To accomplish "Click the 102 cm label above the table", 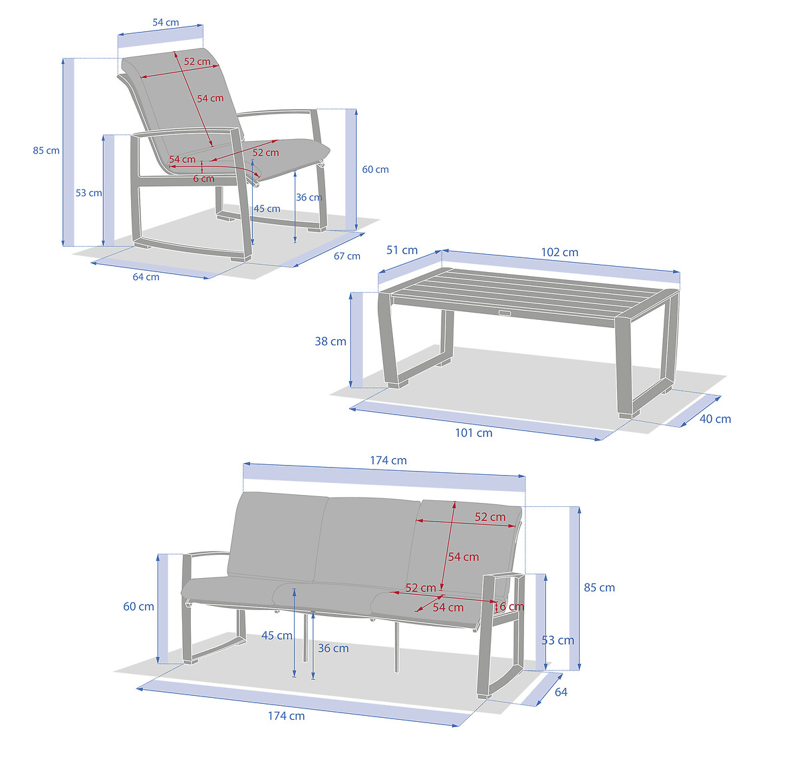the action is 559,252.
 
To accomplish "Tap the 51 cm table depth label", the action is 402,250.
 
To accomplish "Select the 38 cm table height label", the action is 331,341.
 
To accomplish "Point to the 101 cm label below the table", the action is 473,433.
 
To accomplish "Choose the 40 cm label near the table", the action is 715,419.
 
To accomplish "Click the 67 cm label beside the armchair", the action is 347,256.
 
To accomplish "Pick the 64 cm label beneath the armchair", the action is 146,277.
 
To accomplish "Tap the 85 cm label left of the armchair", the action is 47,150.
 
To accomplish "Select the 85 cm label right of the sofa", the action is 600,587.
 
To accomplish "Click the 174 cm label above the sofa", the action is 388,460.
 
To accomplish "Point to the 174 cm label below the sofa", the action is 286,716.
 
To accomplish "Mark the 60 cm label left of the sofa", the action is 138,607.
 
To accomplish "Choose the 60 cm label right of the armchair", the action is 375,170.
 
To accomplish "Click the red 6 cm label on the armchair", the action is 203,179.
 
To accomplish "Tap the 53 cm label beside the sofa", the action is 558,640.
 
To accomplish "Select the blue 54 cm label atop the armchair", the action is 166,23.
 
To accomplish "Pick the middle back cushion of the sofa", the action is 368,541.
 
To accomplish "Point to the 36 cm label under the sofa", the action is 333,649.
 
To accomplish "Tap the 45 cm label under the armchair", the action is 267,209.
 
